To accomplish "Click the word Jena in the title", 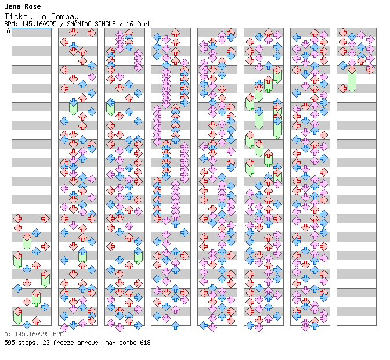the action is click(x=12, y=6).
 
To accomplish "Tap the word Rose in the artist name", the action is click(x=32, y=6).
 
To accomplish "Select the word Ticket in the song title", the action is click(x=18, y=16).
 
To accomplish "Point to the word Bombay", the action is click(x=65, y=17).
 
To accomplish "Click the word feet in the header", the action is click(x=143, y=24).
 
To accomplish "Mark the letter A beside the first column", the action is click(x=9, y=31).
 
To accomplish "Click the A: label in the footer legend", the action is click(x=8, y=334).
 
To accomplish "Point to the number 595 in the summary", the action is click(x=9, y=343).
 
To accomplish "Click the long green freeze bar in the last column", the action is click(x=352, y=80).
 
